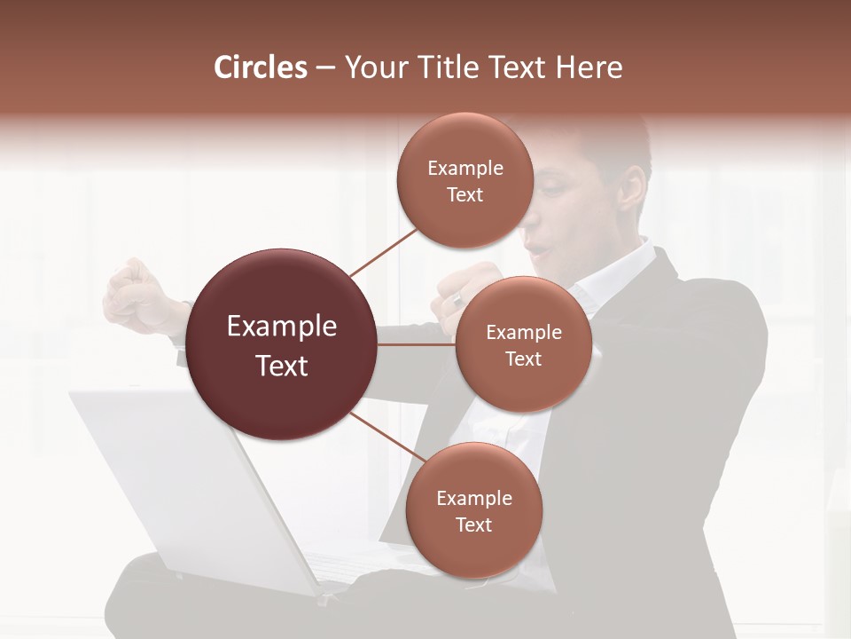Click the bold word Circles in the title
pos(261,67)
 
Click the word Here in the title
pos(589,67)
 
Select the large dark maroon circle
pos(282,345)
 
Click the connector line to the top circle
pos(383,252)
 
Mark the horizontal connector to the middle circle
pos(417,345)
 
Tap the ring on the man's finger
pos(457,299)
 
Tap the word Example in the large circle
pos(282,327)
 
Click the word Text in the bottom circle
pos(473,525)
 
